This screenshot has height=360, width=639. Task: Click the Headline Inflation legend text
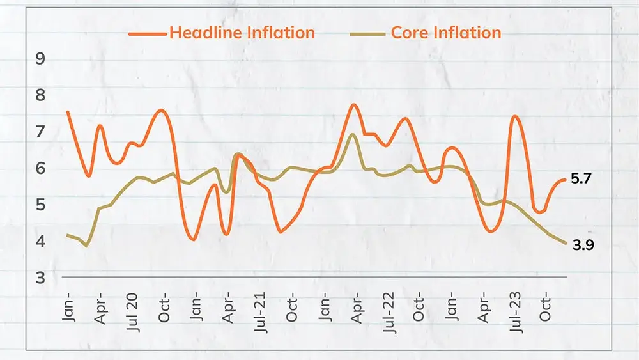(242, 33)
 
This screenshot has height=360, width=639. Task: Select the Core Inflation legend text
(447, 33)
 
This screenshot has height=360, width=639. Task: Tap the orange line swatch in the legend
(147, 33)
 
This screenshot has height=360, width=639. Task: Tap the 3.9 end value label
(583, 244)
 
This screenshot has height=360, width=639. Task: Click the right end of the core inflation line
(566, 243)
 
